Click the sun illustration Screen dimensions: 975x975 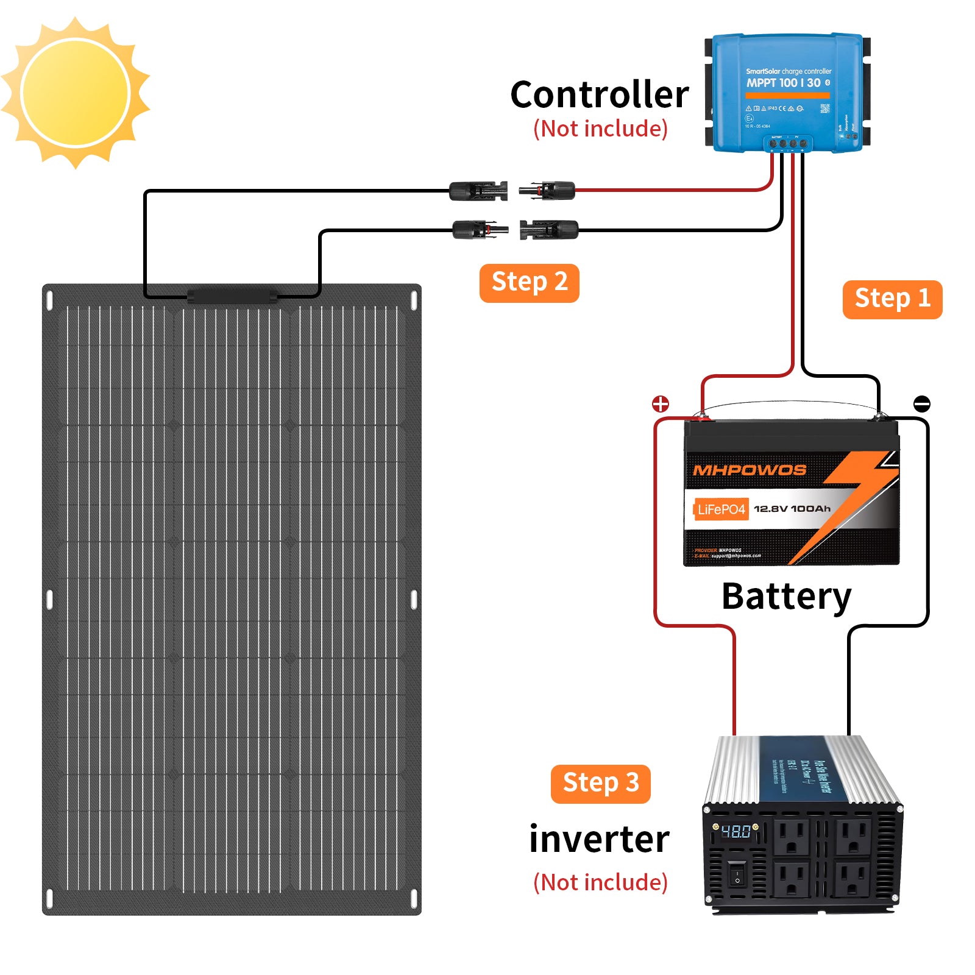[x=76, y=93]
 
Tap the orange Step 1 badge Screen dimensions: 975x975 [x=892, y=299]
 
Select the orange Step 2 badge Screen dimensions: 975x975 [x=529, y=283]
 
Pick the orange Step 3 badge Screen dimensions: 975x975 [x=600, y=784]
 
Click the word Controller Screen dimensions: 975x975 [x=600, y=95]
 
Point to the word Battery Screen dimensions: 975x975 [x=786, y=596]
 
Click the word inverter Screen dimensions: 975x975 [x=599, y=839]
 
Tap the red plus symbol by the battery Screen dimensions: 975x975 [x=661, y=403]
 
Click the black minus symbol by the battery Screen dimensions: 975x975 [x=922, y=403]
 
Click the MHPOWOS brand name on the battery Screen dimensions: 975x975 [x=750, y=470]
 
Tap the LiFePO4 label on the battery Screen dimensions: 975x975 [x=721, y=509]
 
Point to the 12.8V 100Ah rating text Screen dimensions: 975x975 [x=792, y=509]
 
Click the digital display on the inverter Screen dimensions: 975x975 [x=736, y=832]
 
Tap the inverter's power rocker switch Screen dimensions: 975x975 [x=737, y=874]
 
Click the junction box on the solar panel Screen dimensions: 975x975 [x=232, y=297]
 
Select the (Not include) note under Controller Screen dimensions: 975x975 [x=600, y=129]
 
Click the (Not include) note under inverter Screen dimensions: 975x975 [x=600, y=882]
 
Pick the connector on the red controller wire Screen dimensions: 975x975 [x=547, y=191]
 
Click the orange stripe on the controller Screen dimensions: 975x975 [x=787, y=96]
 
